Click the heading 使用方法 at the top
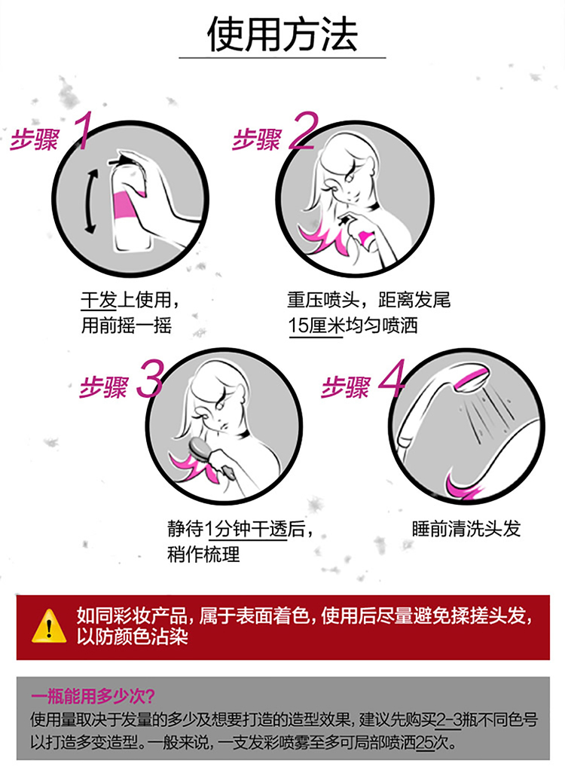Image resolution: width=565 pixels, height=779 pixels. [x=282, y=35]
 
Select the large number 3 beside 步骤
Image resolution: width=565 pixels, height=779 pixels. [x=149, y=378]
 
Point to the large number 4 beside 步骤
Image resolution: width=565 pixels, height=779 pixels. [x=392, y=378]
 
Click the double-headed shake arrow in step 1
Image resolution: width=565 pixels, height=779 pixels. [x=90, y=200]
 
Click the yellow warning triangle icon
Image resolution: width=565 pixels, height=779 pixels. [x=49, y=626]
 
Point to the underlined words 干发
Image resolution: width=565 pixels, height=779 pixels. [x=99, y=300]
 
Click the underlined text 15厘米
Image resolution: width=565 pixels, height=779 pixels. [x=316, y=326]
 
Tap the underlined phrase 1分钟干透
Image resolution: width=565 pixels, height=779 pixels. [x=247, y=529]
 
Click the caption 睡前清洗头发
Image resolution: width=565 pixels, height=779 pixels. [x=466, y=529]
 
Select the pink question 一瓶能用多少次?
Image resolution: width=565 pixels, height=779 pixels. [x=93, y=696]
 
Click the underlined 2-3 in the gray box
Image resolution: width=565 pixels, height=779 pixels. [x=449, y=719]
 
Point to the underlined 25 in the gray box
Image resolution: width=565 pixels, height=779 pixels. [x=425, y=743]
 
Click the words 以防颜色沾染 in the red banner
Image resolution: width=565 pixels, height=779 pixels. [x=132, y=637]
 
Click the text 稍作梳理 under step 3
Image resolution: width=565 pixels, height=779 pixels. [x=203, y=554]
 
